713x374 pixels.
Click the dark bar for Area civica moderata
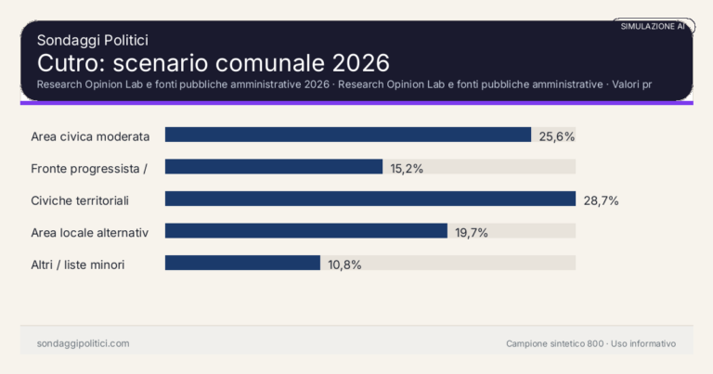347,135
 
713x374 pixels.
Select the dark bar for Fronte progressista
274,167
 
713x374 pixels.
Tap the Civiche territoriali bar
370,199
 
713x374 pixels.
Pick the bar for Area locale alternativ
306,231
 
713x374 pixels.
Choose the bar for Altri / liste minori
242,263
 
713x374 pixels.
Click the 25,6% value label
557,136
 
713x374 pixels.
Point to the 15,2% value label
407,168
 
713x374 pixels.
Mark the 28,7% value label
601,200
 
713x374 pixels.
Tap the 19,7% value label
472,232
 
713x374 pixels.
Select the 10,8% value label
344,264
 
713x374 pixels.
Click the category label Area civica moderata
90,136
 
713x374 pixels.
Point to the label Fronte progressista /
89,168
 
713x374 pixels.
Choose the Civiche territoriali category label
79,200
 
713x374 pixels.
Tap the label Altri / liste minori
78,264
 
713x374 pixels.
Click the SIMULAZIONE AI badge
653,27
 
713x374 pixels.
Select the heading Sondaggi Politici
92,40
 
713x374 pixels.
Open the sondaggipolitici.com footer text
83,343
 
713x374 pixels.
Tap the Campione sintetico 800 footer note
554,343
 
